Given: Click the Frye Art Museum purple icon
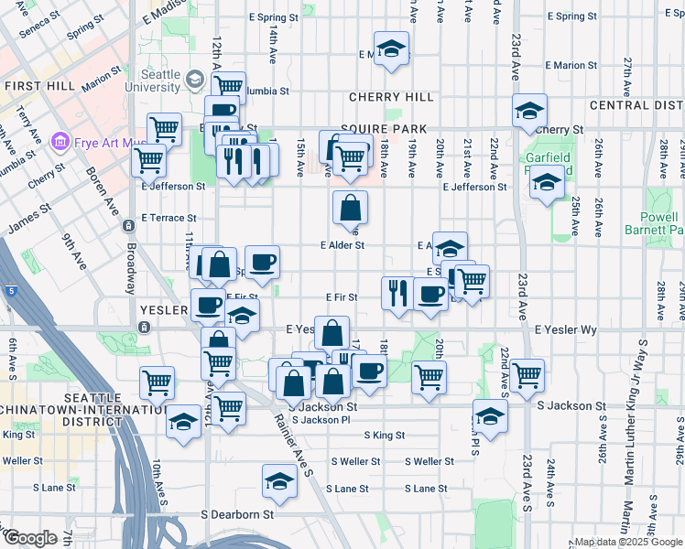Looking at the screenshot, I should point(60,141).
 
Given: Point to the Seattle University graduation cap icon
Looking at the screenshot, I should point(194,81).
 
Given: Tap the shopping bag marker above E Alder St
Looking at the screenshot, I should point(350,210).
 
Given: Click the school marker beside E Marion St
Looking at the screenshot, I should point(391,50).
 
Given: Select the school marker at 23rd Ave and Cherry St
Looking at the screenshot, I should point(529,113).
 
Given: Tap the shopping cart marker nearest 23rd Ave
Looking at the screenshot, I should point(527,375).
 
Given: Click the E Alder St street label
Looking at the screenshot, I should point(342,245).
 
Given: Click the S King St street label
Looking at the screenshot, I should point(385,436).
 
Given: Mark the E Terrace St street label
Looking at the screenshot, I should point(169,218).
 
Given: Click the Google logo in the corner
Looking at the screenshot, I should point(30,538).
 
